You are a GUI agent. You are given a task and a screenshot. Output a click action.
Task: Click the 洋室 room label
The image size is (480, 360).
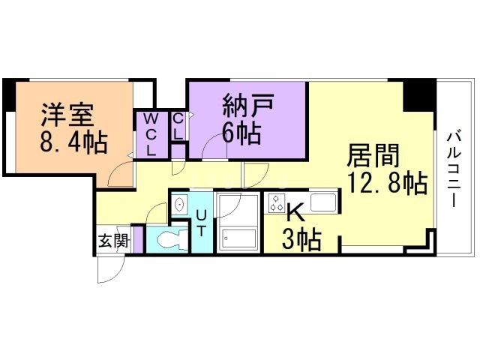[x=67, y=115]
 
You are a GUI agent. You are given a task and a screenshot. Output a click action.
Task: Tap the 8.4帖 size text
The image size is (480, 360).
[x=73, y=142]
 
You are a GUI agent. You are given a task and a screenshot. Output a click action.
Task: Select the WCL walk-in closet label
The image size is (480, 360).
[x=151, y=134]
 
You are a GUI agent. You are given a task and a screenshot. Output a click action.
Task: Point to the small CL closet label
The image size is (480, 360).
[x=178, y=127]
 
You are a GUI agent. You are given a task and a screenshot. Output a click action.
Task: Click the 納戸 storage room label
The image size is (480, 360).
[x=248, y=105]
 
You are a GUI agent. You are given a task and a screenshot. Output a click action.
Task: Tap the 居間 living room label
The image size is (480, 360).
[x=373, y=155]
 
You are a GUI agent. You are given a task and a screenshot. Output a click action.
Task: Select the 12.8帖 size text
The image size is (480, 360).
[x=388, y=183]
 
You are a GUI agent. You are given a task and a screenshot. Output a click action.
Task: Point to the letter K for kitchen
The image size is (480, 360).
[x=295, y=213]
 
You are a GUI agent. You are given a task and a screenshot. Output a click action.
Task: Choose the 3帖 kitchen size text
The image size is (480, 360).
[x=301, y=240]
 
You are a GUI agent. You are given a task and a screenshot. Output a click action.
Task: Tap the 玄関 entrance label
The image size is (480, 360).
[x=112, y=241]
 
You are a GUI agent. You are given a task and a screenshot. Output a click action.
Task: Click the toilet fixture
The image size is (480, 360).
[x=172, y=239]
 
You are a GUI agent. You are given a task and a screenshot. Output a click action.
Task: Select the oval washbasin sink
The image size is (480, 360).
[x=179, y=203]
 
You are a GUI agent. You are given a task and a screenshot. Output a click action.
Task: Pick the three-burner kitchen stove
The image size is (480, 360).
[x=277, y=203]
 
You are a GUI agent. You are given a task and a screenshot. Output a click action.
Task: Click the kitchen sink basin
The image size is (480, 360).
[x=323, y=202]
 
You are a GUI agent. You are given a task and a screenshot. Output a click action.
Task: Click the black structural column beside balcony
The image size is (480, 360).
[x=419, y=95]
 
